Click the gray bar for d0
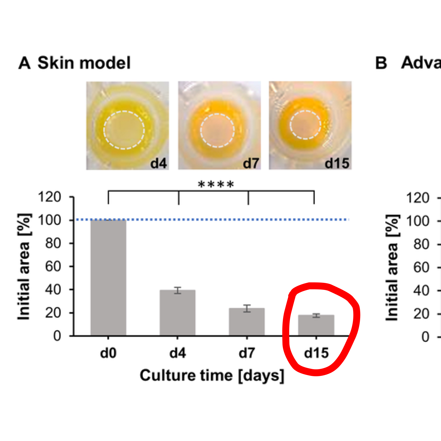pyautogui.click(x=108, y=278)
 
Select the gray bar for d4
pyautogui.click(x=177, y=313)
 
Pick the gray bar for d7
pyautogui.click(x=247, y=322)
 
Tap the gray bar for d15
pyautogui.click(x=316, y=325)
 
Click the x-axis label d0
pyautogui.click(x=108, y=353)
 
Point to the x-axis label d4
pyautogui.click(x=177, y=353)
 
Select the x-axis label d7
pyautogui.click(x=247, y=353)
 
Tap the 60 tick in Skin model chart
pyautogui.click(x=53, y=267)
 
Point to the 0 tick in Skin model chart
pyautogui.click(x=57, y=336)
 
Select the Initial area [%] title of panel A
pyautogui.click(x=24, y=267)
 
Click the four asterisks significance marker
pyautogui.click(x=216, y=184)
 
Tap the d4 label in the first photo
pyautogui.click(x=158, y=163)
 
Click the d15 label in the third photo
pyautogui.click(x=337, y=163)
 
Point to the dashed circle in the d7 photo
pyautogui.click(x=217, y=114)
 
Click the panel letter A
pyautogui.click(x=24, y=63)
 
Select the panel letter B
pyautogui.click(x=381, y=63)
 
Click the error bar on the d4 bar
pyautogui.click(x=178, y=290)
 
